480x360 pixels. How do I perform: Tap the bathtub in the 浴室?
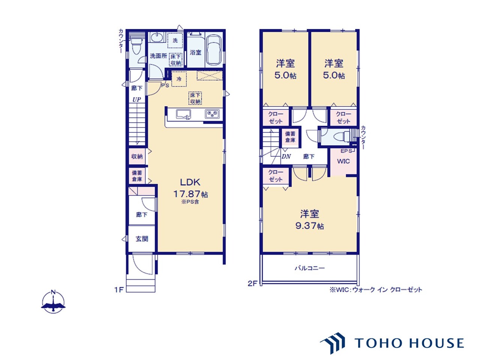(214, 50)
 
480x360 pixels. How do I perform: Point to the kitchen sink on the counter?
(183, 114)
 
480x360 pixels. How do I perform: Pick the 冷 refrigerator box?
(179, 79)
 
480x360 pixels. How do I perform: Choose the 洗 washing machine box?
(175, 40)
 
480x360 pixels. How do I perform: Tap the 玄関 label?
(142, 239)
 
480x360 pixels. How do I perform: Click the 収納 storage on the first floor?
(137, 156)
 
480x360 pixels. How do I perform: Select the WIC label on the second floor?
(343, 161)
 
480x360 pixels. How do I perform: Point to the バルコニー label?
(310, 268)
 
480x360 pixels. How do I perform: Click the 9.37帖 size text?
(310, 226)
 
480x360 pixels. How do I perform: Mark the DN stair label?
(286, 156)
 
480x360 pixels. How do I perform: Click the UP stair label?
(136, 100)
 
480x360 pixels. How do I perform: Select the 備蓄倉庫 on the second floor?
(290, 137)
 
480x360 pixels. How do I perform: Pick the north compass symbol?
(53, 302)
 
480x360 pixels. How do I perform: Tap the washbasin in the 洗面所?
(157, 37)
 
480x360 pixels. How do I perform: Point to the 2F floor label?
(252, 283)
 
